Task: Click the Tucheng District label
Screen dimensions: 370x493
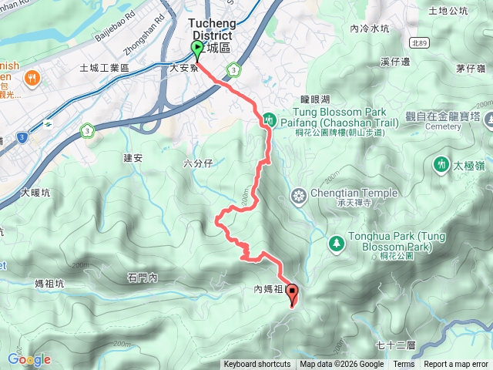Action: point(214,29)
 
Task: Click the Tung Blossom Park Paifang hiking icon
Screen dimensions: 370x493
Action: point(270,119)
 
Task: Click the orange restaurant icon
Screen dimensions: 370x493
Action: point(32,77)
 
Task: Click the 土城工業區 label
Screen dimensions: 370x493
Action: point(104,69)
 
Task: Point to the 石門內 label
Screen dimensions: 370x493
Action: point(143,276)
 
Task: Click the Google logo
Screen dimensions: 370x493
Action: point(29,359)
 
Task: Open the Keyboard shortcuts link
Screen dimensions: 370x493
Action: point(257,365)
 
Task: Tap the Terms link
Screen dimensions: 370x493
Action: point(404,365)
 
